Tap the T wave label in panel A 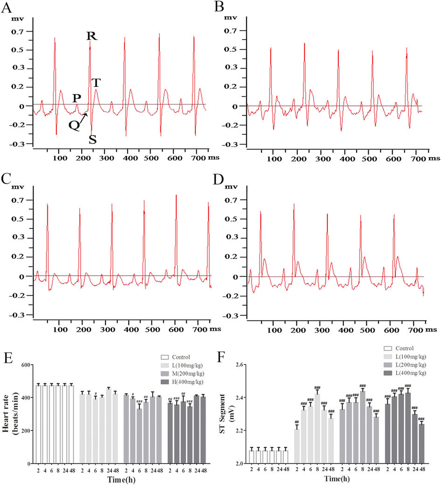[96, 82]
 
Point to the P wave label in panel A [76, 98]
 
